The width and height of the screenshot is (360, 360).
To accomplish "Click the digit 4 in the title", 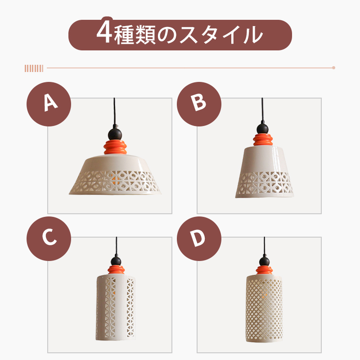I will click(104, 35).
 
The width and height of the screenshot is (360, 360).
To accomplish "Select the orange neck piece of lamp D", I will click(263, 270).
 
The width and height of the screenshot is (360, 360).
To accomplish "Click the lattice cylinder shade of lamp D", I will click(264, 310).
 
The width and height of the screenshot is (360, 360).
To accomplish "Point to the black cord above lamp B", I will click(262, 108).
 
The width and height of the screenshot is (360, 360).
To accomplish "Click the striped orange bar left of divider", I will click(34, 68).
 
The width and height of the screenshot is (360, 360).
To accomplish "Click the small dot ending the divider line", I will click(333, 68).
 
